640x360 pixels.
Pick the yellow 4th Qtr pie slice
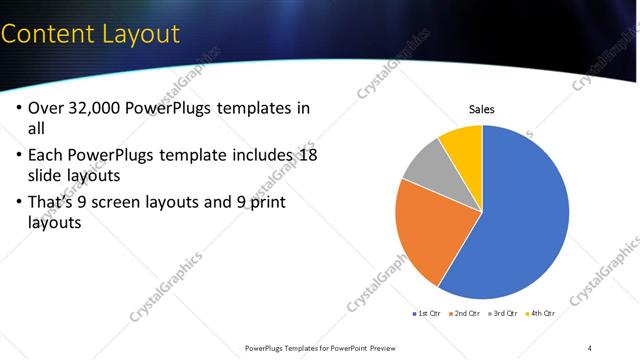463,143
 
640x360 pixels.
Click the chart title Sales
482,109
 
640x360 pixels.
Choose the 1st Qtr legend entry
427,313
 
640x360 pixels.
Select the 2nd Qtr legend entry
465,313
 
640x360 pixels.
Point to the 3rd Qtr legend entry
503,313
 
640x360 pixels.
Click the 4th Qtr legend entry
540,313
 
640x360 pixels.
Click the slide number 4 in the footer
590,348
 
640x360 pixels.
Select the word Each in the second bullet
46,155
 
